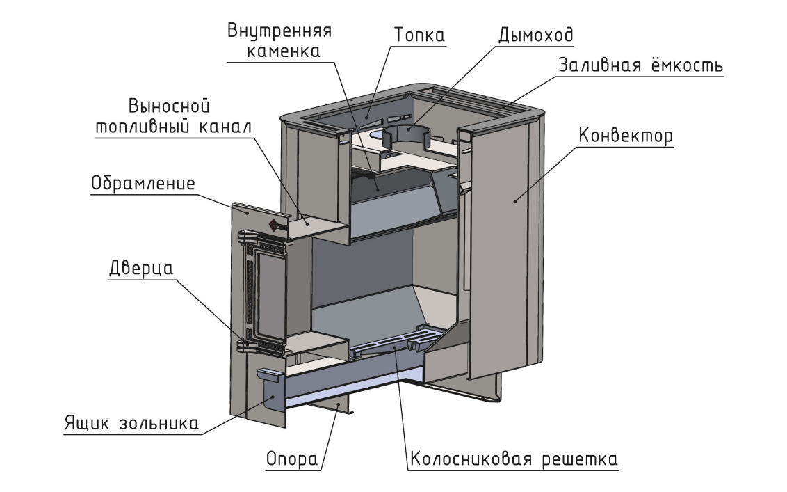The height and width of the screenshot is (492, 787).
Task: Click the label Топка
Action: [419, 34]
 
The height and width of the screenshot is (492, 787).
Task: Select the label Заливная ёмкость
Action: [641, 65]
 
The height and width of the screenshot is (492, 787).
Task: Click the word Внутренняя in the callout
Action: [279, 31]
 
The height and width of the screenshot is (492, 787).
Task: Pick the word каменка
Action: [281, 51]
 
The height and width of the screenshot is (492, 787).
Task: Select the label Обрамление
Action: [143, 185]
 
